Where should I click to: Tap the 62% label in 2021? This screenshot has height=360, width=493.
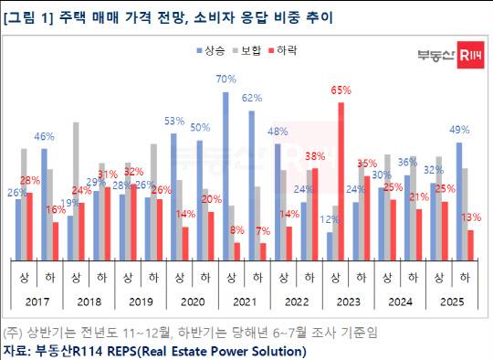[252, 98]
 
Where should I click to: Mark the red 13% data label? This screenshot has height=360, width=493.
[473, 217]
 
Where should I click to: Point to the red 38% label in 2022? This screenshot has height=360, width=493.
[315, 156]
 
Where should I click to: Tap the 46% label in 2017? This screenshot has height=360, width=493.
[44, 136]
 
